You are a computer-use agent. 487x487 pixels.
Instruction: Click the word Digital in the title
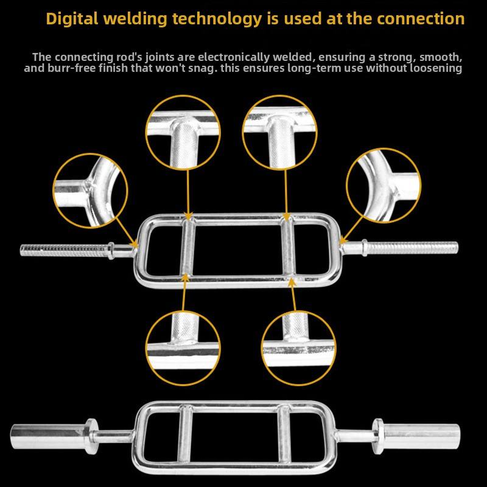tap(71, 19)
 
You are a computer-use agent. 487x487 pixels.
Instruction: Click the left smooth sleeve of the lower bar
tap(46, 433)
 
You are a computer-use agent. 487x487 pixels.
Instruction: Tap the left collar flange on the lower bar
tap(92, 432)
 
